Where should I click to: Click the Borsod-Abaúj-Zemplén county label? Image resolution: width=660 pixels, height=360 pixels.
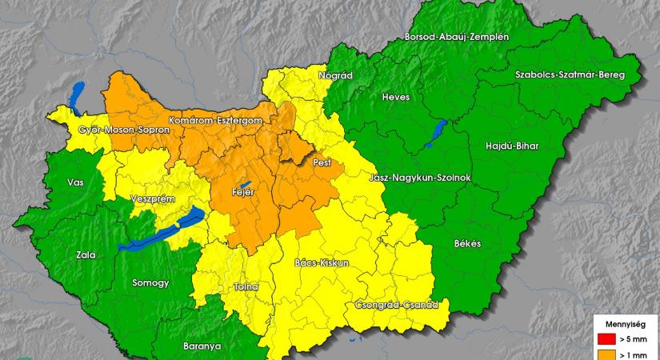(458, 38)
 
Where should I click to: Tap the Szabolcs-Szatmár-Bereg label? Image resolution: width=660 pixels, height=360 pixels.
(569, 74)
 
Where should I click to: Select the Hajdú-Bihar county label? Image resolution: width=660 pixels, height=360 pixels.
(512, 146)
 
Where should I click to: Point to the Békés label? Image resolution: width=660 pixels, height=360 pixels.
(467, 243)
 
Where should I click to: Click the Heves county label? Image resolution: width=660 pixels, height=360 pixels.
(396, 97)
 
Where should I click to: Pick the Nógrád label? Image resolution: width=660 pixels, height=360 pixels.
(335, 75)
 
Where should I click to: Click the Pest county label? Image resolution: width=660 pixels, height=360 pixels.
(322, 162)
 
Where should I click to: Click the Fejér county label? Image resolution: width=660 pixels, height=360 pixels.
(243, 193)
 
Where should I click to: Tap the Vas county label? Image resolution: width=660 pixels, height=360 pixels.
(75, 182)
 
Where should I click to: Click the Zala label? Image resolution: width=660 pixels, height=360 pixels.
(85, 255)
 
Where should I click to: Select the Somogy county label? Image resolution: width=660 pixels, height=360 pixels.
(151, 283)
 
